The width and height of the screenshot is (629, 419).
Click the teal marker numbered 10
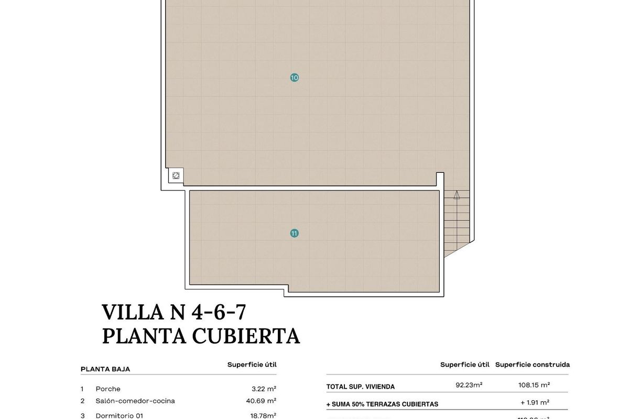coord(295,78)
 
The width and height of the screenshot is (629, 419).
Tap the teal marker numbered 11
coord(295,233)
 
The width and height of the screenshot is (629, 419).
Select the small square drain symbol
coord(176,176)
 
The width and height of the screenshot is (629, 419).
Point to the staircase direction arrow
coord(457,195)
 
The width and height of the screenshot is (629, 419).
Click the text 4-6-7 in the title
coord(219,312)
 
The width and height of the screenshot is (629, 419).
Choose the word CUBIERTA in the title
coord(246,336)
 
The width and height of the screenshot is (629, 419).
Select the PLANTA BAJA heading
coord(105,369)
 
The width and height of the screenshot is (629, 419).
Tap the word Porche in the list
coord(108,389)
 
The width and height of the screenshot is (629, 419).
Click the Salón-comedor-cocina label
coord(135,401)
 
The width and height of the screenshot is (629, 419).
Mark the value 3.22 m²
coord(264,389)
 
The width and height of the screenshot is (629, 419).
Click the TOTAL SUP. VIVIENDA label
coord(361,387)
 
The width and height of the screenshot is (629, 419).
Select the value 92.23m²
coord(469,385)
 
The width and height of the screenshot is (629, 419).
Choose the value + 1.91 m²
coord(534,403)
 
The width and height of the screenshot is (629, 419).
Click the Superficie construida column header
coord(532,365)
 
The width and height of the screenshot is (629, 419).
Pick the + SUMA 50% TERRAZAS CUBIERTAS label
coord(382,404)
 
